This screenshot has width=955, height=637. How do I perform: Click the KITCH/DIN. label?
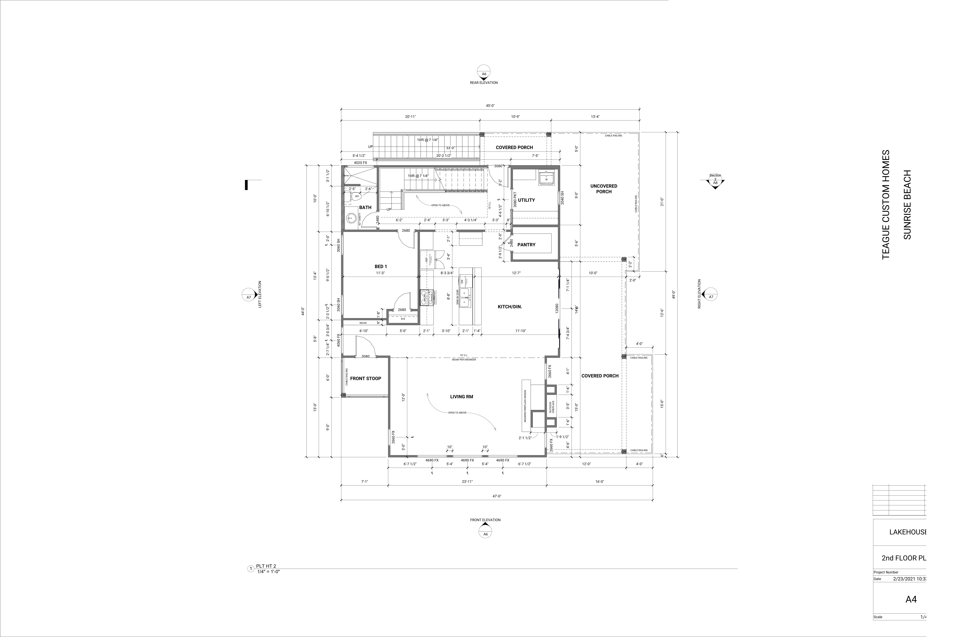510,307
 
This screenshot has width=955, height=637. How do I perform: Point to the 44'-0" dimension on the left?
303,311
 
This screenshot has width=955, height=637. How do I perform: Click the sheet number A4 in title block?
911,599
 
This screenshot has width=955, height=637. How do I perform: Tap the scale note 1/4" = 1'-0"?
268,572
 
